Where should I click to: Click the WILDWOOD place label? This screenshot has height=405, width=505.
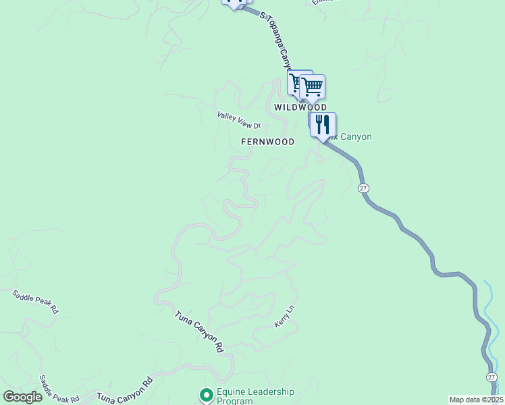[x=300, y=107]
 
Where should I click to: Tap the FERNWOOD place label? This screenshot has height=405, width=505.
[x=268, y=142]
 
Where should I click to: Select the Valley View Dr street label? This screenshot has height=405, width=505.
[x=238, y=120]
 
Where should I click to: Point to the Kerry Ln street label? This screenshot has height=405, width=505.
[x=284, y=317]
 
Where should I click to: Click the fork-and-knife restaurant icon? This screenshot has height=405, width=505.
[x=323, y=125]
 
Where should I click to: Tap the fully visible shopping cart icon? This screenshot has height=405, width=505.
[x=313, y=86]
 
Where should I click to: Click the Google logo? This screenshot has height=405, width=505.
[x=22, y=397]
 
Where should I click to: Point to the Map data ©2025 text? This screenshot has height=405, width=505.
[x=476, y=400]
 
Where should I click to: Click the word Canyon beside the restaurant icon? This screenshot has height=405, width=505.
[x=356, y=136]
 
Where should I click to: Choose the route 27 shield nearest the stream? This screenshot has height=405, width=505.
[x=491, y=377]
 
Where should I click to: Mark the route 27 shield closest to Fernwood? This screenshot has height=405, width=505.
[x=363, y=188]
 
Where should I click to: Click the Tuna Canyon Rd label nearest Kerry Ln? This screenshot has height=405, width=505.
[x=199, y=332]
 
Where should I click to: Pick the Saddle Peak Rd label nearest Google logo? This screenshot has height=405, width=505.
[x=59, y=389]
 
